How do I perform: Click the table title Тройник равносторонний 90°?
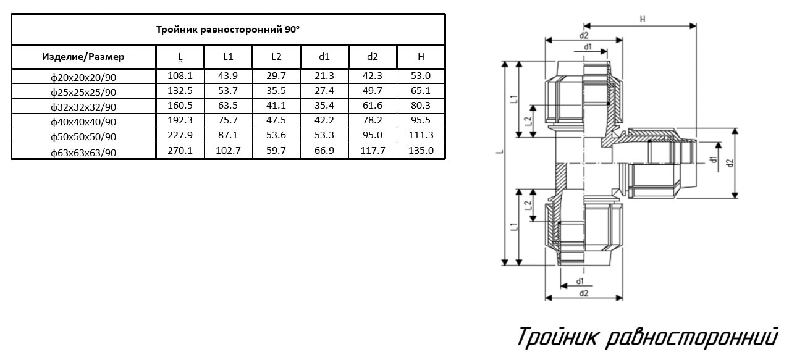coord(228,29)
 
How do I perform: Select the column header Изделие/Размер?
coord(83,57)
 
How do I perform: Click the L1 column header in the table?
coord(228,57)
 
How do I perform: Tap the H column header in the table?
coord(421,57)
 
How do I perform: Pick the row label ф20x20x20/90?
coord(83,77)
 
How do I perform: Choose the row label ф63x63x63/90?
coord(83,153)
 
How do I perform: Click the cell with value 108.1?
coord(180,76)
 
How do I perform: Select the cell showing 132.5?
coord(180,91)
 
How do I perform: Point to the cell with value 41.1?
coord(276,106)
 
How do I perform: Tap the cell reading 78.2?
coord(373,120)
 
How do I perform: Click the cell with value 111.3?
coord(421,135)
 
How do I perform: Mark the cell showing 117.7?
coord(373,151)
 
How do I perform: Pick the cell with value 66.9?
coord(324,151)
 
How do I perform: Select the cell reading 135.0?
coord(421,151)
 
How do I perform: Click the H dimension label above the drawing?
coord(642,19)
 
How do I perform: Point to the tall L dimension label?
coord(500,152)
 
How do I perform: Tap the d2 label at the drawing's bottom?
coord(583,293)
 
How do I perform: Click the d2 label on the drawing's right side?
coord(730,163)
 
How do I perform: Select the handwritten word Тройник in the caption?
coord(557,337)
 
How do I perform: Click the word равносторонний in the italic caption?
coord(692,337)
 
